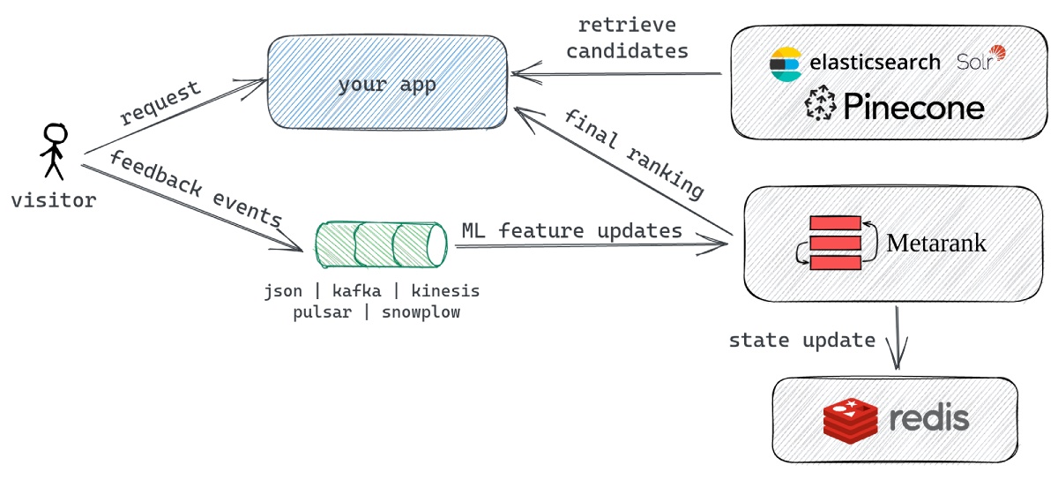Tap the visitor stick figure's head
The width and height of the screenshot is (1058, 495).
pyautogui.click(x=56, y=135)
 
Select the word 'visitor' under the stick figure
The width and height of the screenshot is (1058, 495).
pyautogui.click(x=54, y=200)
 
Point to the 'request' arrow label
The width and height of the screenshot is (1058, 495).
pyautogui.click(x=160, y=103)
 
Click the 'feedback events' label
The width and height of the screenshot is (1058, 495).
pyautogui.click(x=196, y=190)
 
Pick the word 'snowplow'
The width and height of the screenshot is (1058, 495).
pyautogui.click(x=421, y=311)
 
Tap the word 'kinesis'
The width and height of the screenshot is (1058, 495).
pyautogui.click(x=445, y=291)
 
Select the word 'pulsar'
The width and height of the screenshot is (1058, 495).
pyautogui.click(x=322, y=311)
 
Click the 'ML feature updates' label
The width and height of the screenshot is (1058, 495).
pyautogui.click(x=571, y=230)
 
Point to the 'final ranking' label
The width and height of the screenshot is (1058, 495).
pyautogui.click(x=634, y=154)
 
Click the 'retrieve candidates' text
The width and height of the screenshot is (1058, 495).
pyautogui.click(x=627, y=39)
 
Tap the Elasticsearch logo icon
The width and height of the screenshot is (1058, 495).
pyautogui.click(x=784, y=64)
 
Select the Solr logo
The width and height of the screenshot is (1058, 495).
pyautogui.click(x=980, y=59)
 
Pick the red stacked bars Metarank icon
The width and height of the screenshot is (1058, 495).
pyautogui.click(x=835, y=242)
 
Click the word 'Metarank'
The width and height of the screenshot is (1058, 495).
pyautogui.click(x=936, y=243)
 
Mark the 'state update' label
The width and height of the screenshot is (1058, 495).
pyautogui.click(x=801, y=341)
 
